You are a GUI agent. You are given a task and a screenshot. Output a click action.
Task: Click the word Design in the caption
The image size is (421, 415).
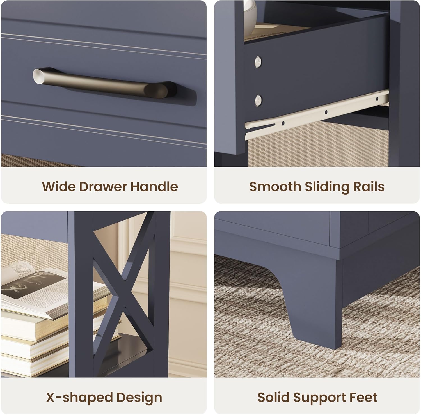[139, 398]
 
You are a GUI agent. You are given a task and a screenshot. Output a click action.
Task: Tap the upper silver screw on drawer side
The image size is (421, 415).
[258, 61]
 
